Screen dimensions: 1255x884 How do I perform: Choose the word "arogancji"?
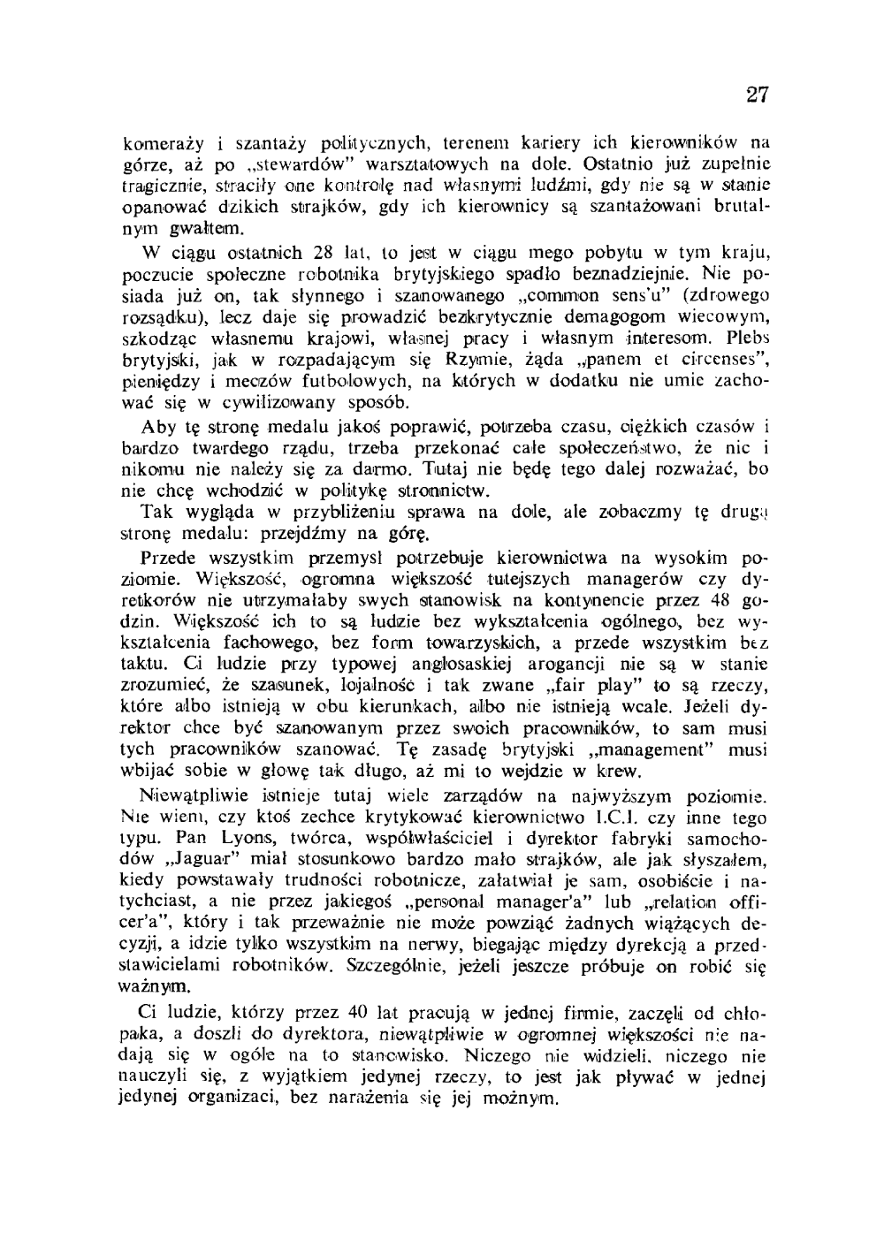518,665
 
